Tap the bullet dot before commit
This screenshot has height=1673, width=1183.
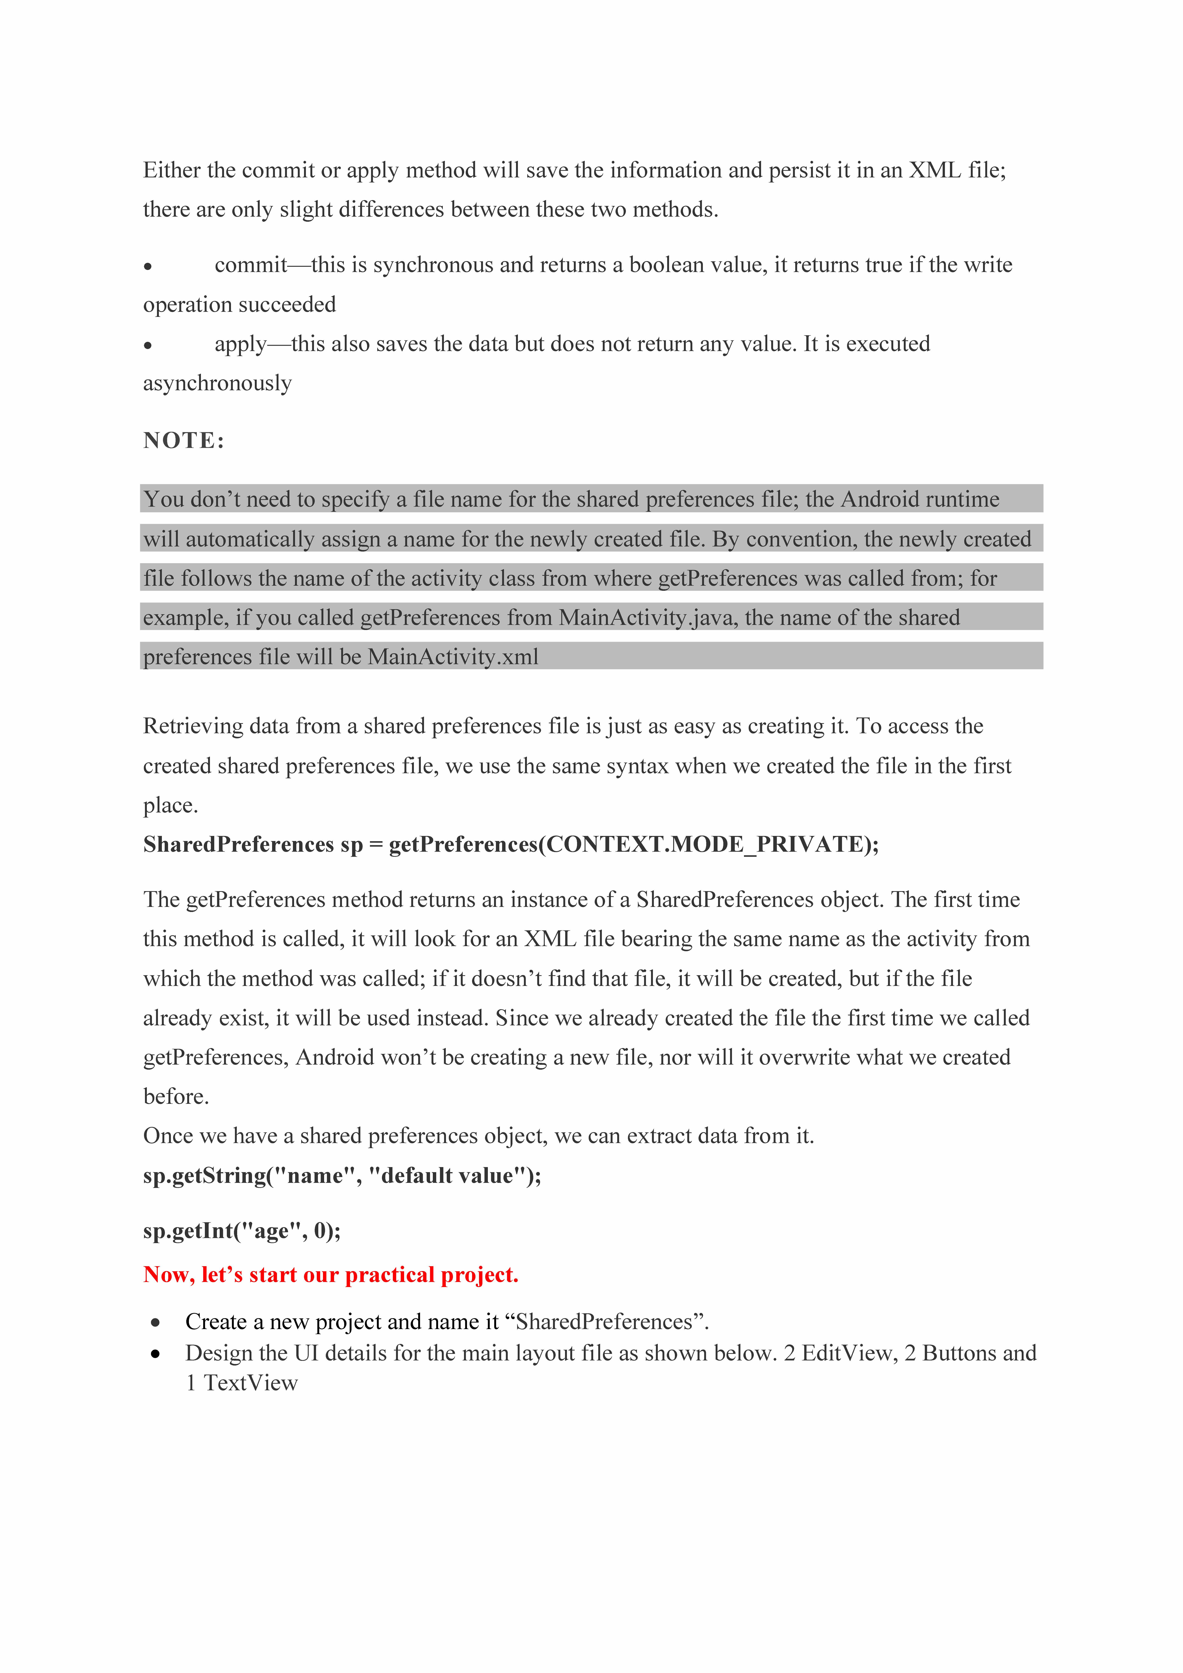pyautogui.click(x=148, y=267)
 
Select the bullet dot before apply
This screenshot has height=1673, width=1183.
pyautogui.click(x=148, y=345)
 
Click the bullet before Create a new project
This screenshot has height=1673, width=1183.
pyautogui.click(x=155, y=1323)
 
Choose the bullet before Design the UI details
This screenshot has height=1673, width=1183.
pyautogui.click(x=155, y=1354)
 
